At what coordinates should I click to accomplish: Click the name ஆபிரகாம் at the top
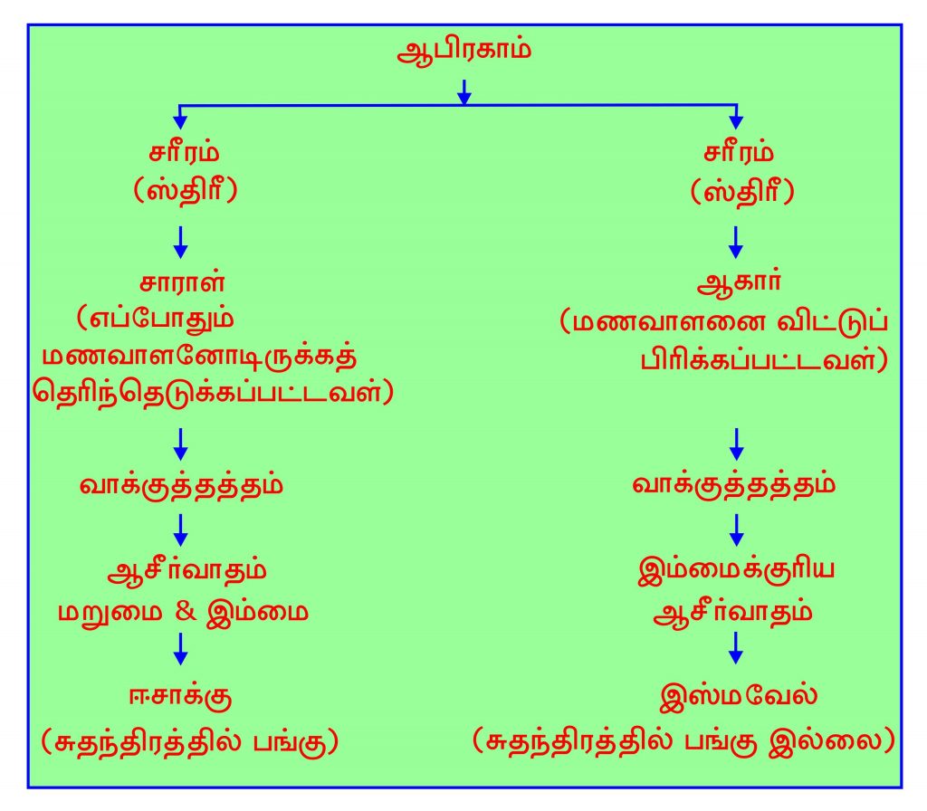tap(463, 49)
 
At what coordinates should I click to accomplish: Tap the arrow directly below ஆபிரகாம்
tap(463, 91)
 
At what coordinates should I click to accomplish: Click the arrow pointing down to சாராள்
tap(181, 240)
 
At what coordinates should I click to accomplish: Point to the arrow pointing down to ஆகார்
tap(735, 240)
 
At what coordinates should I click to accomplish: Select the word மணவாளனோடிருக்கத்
tap(197, 357)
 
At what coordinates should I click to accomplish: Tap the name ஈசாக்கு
tap(181, 699)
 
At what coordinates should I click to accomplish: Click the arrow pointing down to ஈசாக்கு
tap(181, 648)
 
